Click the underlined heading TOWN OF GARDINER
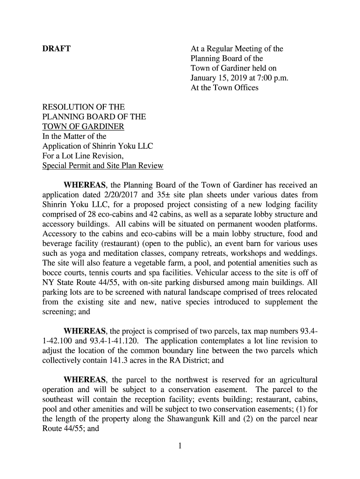[x=83, y=127]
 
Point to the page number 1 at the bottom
[x=180, y=446]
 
